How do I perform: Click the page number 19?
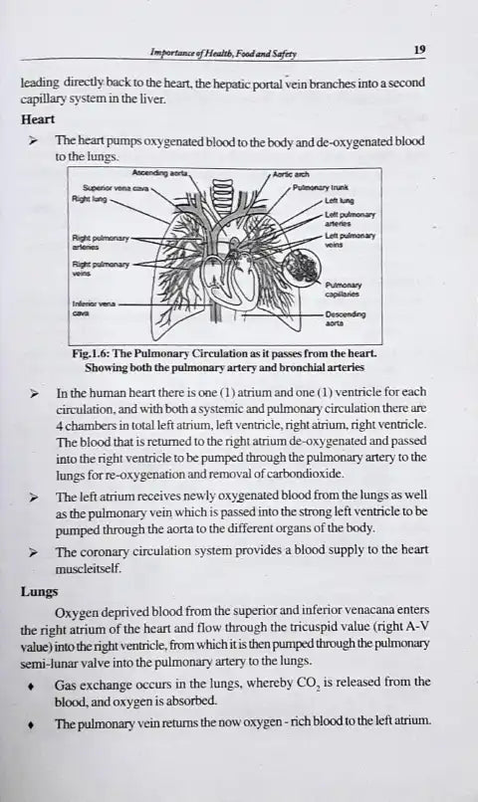click(x=419, y=50)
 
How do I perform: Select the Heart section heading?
click(x=38, y=119)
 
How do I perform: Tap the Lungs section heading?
click(x=40, y=592)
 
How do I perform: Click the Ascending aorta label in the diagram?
click(x=160, y=173)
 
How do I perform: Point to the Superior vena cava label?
click(x=116, y=188)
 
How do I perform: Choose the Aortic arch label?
click(x=291, y=174)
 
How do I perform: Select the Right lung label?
click(x=90, y=199)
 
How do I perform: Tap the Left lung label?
click(x=339, y=201)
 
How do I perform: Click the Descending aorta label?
click(x=345, y=318)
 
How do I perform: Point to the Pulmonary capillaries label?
click(x=343, y=290)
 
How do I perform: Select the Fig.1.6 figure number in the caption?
click(x=90, y=353)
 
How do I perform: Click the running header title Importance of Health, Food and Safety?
click(x=223, y=53)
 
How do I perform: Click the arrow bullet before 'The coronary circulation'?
click(x=34, y=552)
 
